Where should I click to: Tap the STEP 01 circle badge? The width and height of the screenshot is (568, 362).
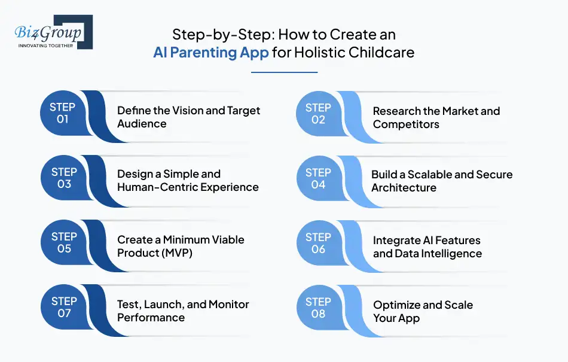[63, 113]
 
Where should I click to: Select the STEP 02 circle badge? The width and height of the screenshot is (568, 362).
[318, 113]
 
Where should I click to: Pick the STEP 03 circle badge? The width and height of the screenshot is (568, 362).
[63, 178]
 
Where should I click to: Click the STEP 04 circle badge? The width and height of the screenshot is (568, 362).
[318, 178]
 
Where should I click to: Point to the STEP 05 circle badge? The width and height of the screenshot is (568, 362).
[63, 243]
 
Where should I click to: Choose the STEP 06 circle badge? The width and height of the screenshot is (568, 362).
[318, 243]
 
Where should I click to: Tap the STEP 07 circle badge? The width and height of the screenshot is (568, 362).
[63, 307]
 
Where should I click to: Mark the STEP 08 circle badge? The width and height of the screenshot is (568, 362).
[318, 307]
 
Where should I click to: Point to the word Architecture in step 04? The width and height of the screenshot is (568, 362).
[404, 188]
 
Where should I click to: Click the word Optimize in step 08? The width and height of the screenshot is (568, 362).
[397, 305]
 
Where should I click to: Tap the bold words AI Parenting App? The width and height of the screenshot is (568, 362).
[210, 53]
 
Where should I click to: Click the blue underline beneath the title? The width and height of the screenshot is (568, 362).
[284, 72]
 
